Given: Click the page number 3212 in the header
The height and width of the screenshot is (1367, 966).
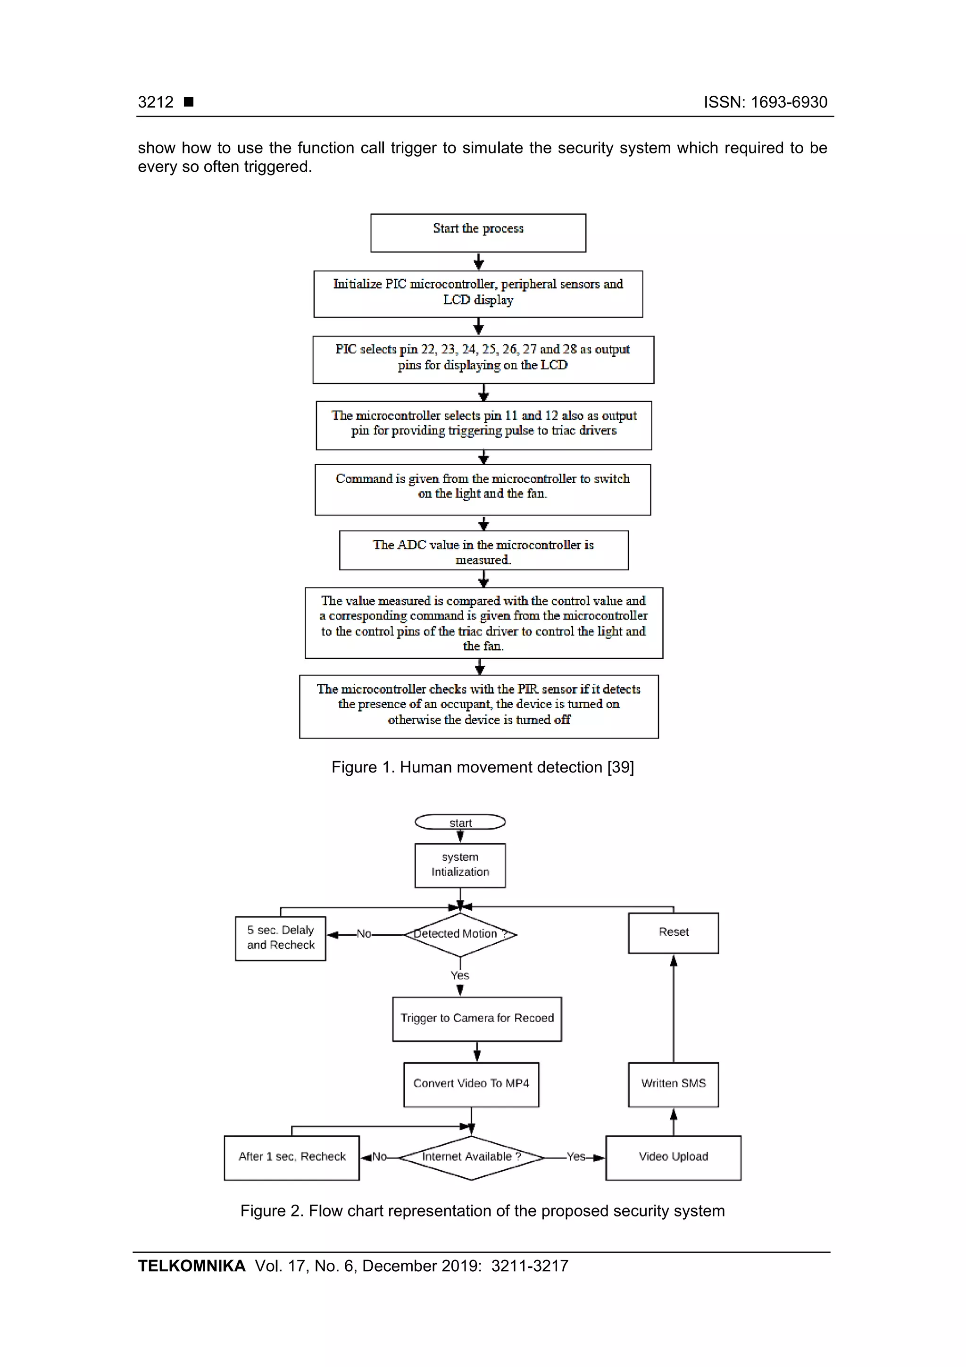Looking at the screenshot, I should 155,102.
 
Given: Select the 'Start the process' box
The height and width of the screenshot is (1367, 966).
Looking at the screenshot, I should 478,233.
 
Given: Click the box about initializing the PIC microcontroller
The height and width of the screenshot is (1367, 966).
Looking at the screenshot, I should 478,294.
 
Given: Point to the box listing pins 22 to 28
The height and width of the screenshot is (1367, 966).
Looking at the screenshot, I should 483,359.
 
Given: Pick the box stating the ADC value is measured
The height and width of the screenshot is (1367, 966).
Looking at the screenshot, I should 483,550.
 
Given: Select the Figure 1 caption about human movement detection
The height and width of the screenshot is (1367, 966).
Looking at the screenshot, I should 482,767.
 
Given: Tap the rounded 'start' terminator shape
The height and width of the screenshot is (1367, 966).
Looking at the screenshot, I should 460,822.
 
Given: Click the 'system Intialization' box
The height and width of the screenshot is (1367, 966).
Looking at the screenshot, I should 460,865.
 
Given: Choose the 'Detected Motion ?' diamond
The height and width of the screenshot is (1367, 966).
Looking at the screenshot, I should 460,934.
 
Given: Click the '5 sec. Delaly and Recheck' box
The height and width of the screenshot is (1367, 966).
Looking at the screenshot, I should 280,938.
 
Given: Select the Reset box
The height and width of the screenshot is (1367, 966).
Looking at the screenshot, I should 673,932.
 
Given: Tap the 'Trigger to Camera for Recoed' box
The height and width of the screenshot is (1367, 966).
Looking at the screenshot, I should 477,1019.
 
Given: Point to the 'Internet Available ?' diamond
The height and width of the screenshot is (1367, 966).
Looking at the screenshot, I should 471,1157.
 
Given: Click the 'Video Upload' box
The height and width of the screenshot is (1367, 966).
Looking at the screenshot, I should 673,1157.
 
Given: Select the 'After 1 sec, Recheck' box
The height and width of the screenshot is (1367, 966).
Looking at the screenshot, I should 291,1157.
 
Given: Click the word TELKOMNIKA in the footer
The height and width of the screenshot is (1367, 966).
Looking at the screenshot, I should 192,1266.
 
